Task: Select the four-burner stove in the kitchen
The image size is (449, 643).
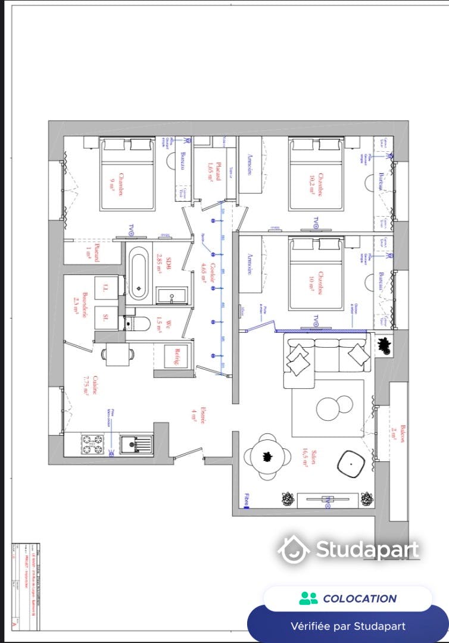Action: (92, 442)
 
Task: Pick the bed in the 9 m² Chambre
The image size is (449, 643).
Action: (127, 174)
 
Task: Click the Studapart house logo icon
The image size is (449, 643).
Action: (293, 549)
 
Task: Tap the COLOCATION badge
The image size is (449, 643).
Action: (348, 598)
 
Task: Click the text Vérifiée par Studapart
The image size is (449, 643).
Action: (348, 626)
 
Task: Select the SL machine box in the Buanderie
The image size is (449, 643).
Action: (105, 317)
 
